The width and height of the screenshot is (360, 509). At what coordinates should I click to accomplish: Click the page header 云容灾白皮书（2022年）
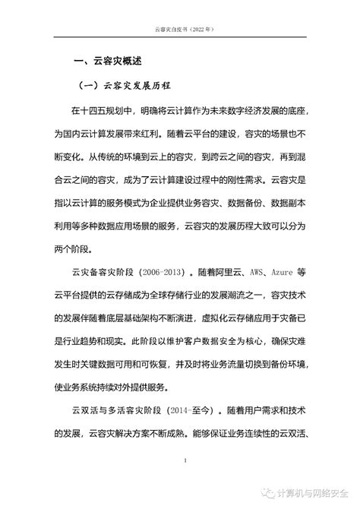(x=179, y=28)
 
